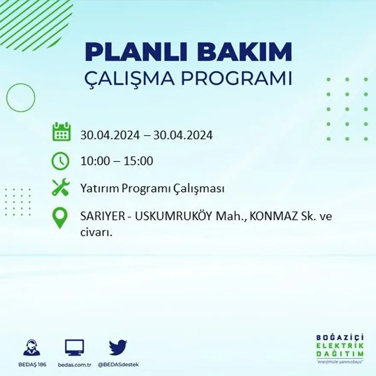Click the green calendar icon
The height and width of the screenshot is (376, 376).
click(x=61, y=132)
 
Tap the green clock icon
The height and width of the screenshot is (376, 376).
click(x=60, y=161)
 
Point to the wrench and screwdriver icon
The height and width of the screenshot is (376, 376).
click(x=60, y=188)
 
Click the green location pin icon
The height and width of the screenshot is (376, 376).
click(x=60, y=217)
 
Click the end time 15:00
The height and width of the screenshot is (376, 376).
click(x=138, y=162)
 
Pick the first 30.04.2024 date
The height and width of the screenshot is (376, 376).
click(x=110, y=135)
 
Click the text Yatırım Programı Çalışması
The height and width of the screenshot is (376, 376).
click(x=152, y=189)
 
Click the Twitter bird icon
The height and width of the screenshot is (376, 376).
click(x=118, y=347)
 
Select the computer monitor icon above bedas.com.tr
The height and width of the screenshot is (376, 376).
click(x=74, y=347)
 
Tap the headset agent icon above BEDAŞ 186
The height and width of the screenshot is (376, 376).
click(x=32, y=347)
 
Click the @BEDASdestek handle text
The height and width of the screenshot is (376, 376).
click(x=118, y=364)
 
